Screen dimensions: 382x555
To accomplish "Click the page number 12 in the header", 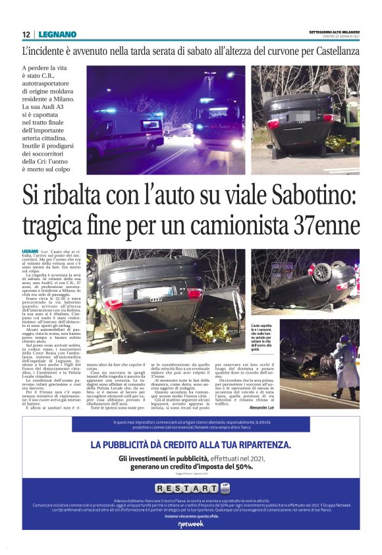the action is (24, 34).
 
